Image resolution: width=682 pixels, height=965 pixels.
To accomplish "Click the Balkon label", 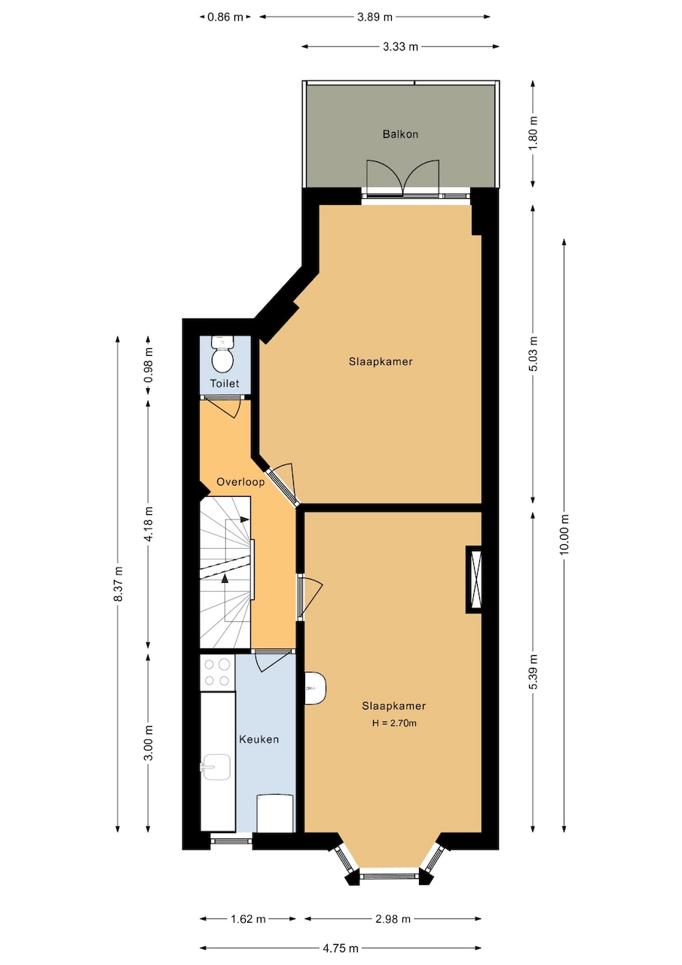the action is (400, 134).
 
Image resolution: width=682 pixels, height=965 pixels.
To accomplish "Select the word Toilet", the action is (225, 383).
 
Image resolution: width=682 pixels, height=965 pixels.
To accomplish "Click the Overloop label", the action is (240, 482).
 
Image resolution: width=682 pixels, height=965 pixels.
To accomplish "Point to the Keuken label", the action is (258, 740).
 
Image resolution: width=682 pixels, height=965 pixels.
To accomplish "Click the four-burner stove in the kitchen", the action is (217, 672).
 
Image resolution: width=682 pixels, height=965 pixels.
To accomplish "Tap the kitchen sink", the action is (216, 767).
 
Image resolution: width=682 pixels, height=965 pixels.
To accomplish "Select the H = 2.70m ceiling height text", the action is (394, 723).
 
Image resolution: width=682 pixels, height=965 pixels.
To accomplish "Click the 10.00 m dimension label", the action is (564, 535).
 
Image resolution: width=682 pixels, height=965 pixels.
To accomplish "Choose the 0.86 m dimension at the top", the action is (225, 17).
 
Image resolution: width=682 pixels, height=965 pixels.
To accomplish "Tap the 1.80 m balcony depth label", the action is (534, 133).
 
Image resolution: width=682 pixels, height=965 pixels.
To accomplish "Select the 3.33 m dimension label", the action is (400, 47).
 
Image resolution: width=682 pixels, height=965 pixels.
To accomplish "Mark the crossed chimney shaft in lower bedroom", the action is (473, 580).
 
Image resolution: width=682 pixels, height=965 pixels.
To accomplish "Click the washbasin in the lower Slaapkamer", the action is (315, 688).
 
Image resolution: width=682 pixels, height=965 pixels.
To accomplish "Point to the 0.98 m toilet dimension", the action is (149, 365).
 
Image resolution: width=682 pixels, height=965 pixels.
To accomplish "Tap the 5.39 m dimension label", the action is (534, 672).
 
